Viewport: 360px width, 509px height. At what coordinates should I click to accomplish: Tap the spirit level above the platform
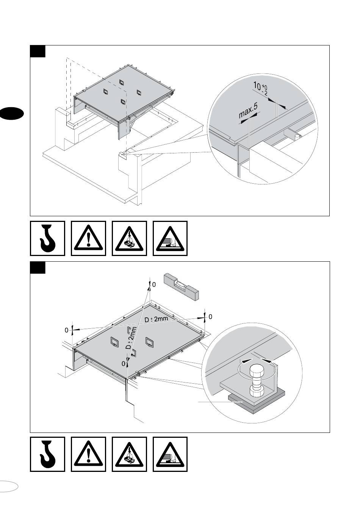[181, 287]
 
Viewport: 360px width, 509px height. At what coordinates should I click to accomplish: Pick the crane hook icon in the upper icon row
[47, 238]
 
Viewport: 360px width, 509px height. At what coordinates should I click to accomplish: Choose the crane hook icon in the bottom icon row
[47, 454]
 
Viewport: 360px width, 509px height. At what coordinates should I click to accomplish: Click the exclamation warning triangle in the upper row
[88, 239]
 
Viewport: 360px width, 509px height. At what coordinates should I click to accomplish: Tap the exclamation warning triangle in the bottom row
[88, 454]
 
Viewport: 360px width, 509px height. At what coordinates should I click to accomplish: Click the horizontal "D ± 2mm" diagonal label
[156, 319]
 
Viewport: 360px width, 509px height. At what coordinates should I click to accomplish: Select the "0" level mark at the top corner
[154, 284]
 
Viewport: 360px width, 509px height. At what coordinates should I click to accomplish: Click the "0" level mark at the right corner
[210, 316]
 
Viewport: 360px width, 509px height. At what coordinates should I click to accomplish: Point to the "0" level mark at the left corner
[66, 330]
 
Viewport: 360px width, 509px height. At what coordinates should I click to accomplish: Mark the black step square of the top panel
[38, 51]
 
